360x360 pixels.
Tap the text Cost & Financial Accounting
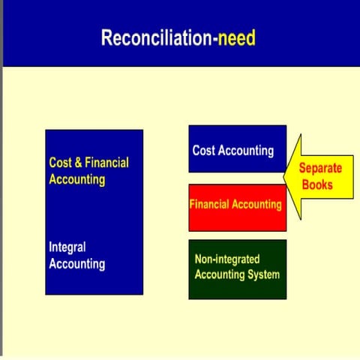click(x=88, y=171)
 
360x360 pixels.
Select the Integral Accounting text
click(x=76, y=256)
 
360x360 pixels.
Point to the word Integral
click(x=67, y=247)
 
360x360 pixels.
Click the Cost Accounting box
click(x=237, y=148)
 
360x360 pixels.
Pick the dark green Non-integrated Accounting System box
click(x=237, y=268)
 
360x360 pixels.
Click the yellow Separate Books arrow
click(x=319, y=177)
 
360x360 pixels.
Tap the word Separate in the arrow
click(x=321, y=169)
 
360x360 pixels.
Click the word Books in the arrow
click(x=317, y=184)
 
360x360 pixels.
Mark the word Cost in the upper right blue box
click(x=203, y=151)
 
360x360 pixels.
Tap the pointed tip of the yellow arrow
click(x=285, y=177)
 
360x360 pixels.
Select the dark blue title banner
click(x=180, y=34)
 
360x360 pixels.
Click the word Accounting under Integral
click(x=76, y=264)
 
